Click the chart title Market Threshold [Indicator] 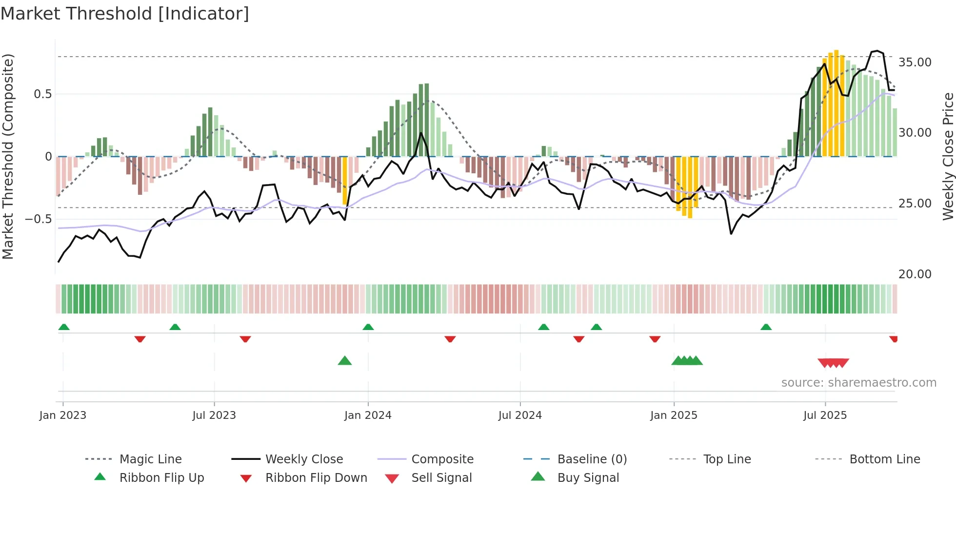click(x=125, y=14)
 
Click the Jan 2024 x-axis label click(x=368, y=415)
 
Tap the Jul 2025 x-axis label click(x=825, y=415)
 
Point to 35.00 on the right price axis click(x=915, y=62)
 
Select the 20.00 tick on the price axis click(x=915, y=274)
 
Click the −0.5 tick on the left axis click(x=39, y=219)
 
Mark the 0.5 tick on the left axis click(x=42, y=94)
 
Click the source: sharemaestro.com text click(x=858, y=383)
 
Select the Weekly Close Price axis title click(x=948, y=156)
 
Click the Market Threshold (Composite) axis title click(x=8, y=156)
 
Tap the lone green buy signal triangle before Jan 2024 click(x=345, y=361)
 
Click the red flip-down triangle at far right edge click(x=894, y=339)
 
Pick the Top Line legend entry click(x=727, y=459)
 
